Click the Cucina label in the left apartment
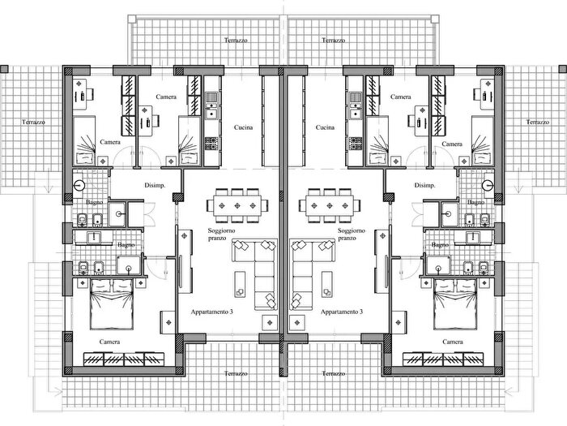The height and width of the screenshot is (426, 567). click(243, 127)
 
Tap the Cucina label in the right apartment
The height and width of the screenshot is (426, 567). click(325, 127)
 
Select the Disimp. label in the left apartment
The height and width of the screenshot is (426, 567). click(155, 186)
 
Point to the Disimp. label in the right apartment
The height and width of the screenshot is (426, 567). click(424, 186)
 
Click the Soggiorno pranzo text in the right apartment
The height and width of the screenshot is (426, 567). click(351, 234)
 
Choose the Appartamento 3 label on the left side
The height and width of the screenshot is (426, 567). click(211, 312)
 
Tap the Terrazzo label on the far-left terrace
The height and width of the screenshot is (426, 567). click(34, 122)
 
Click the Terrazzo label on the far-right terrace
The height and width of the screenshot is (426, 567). click(537, 122)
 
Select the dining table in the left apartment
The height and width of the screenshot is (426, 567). click(237, 205)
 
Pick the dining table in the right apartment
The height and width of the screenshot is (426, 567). click(330, 205)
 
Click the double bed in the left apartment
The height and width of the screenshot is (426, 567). click(112, 303)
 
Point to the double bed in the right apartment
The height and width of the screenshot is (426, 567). click(455, 303)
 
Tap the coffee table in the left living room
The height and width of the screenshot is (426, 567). click(240, 284)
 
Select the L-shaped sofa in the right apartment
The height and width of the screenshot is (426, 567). click(313, 274)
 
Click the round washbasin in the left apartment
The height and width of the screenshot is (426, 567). click(79, 186)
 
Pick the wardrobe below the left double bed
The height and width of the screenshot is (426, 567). click(124, 359)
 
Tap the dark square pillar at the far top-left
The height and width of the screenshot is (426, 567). click(4, 69)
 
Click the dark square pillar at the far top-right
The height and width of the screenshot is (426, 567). click(563, 69)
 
